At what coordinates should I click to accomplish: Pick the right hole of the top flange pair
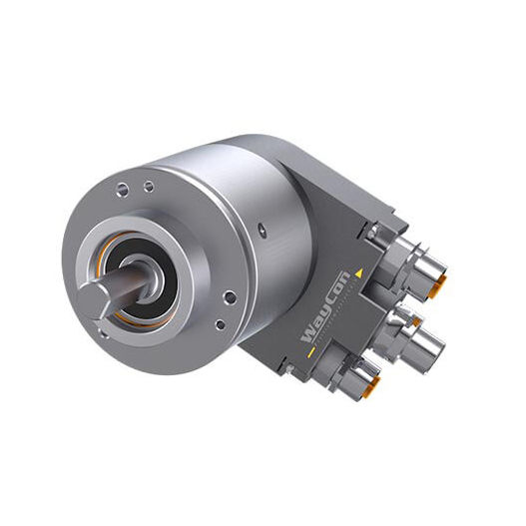(x=149, y=187)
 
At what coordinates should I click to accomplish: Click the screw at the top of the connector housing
(x=371, y=232)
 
